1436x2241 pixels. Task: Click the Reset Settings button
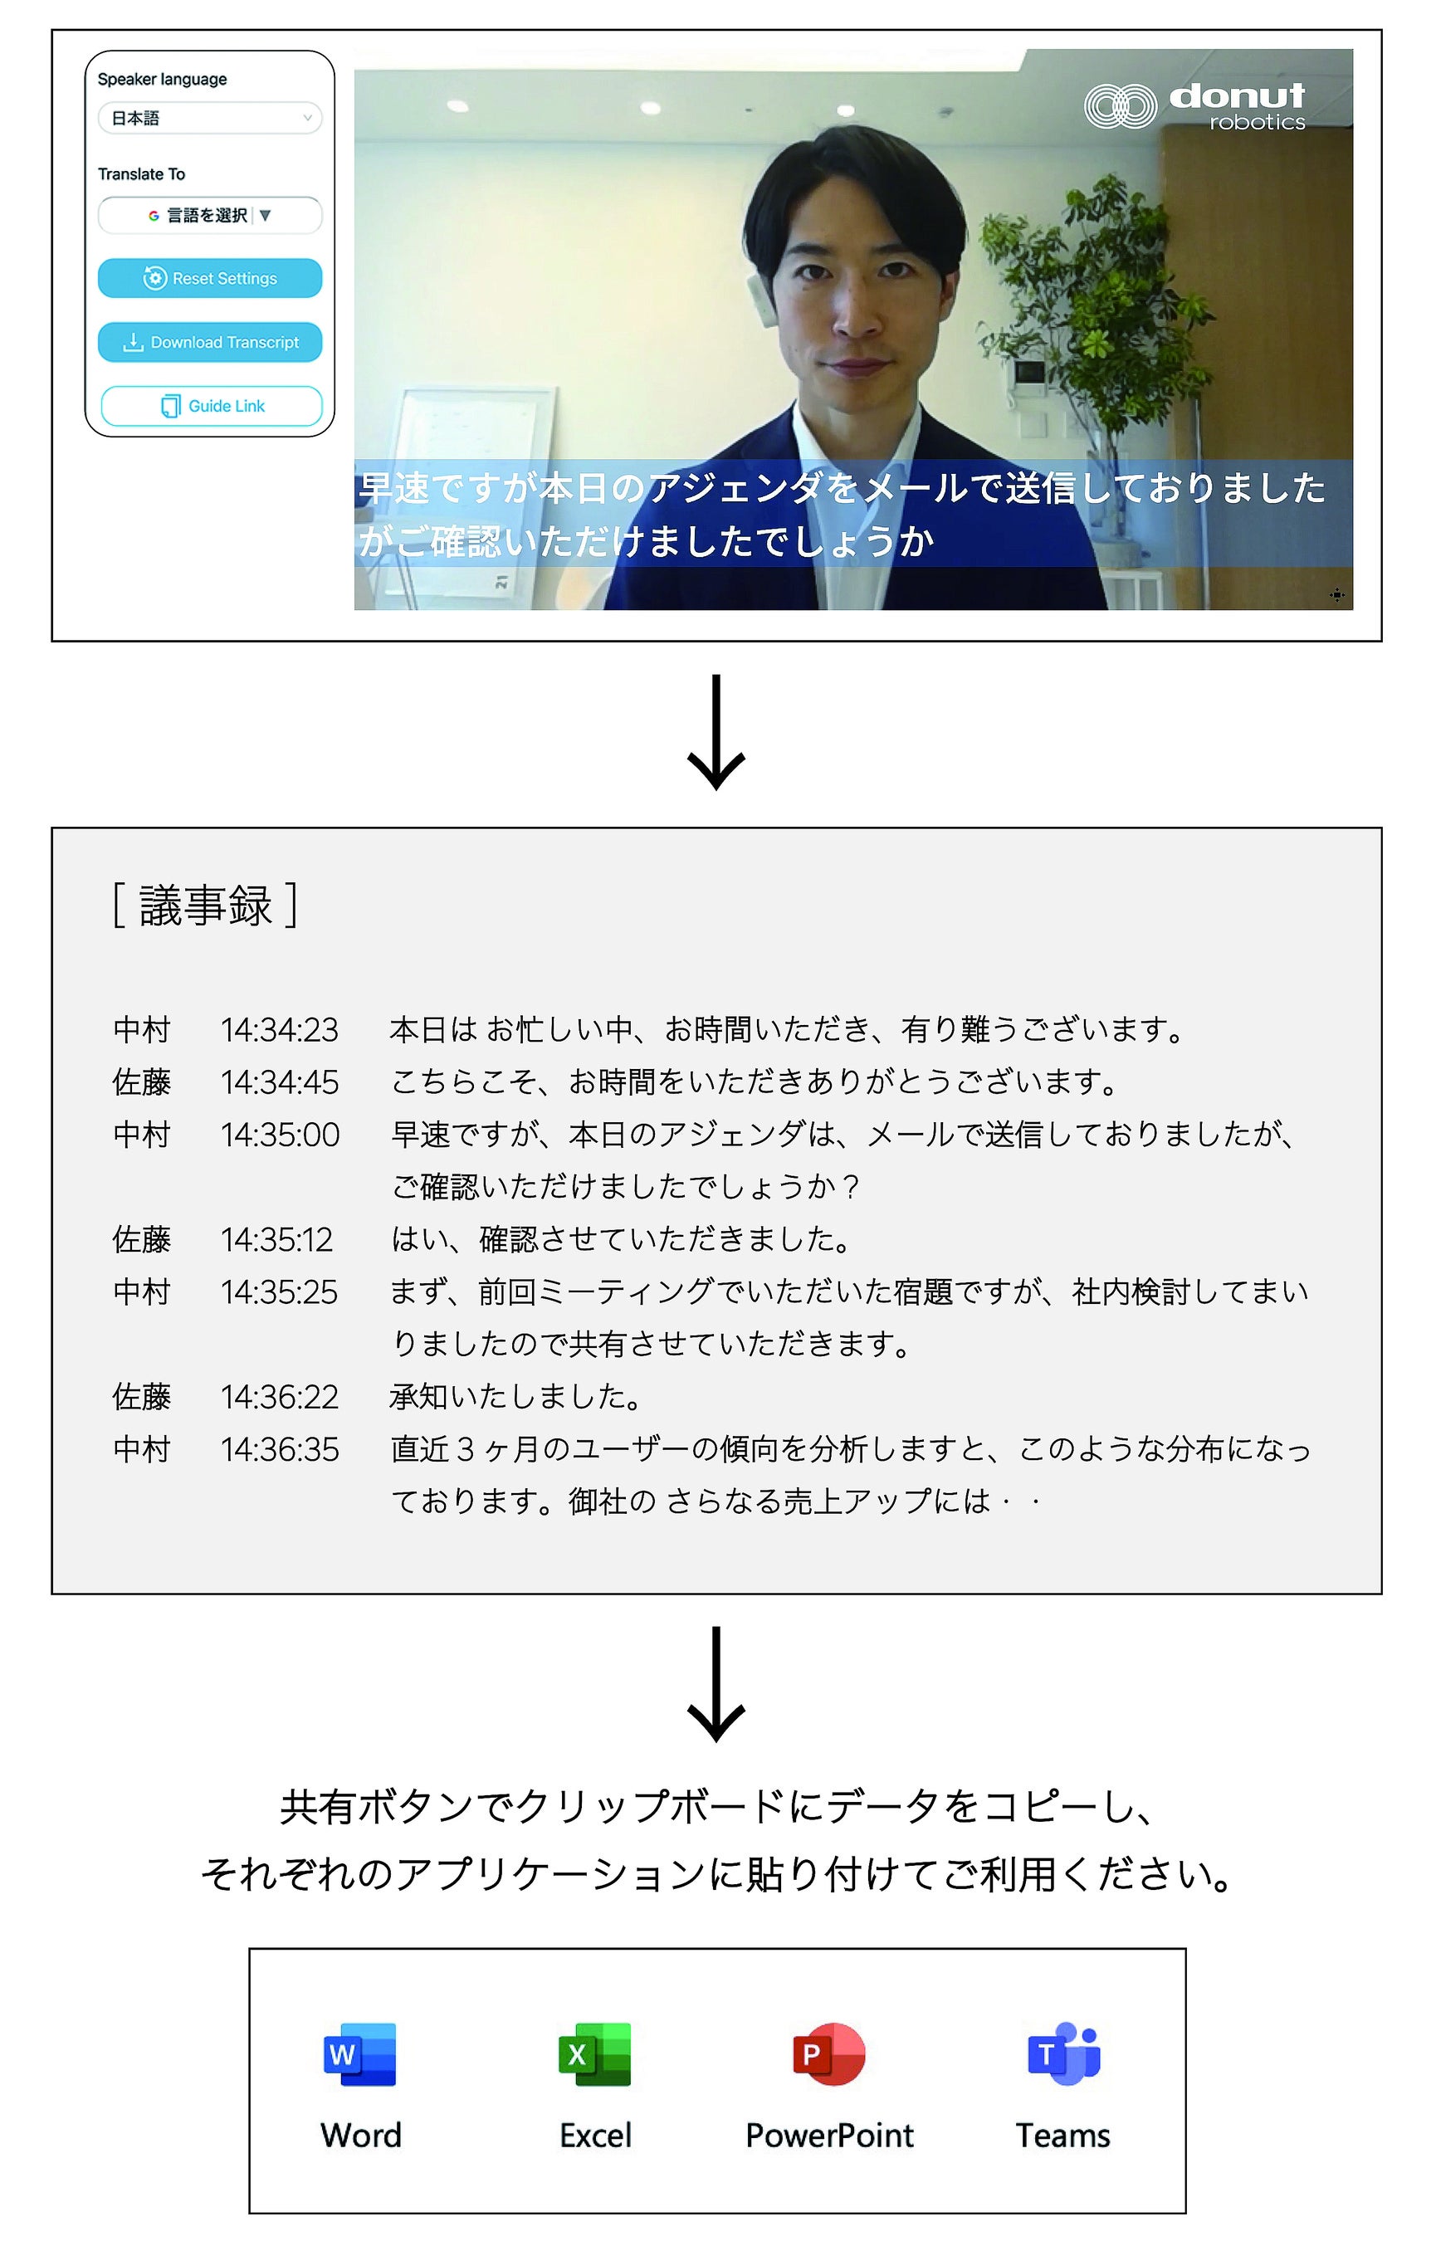pyautogui.click(x=210, y=278)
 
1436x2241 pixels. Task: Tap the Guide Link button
pyautogui.click(x=212, y=406)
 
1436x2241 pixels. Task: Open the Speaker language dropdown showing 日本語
pyautogui.click(x=210, y=119)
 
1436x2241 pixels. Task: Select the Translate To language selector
pyautogui.click(x=210, y=215)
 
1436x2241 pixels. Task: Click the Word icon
pyautogui.click(x=360, y=2053)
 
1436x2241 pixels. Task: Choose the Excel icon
pyautogui.click(x=595, y=2053)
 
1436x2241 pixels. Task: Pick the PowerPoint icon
pyautogui.click(x=829, y=2053)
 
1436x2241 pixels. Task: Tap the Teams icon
pyautogui.click(x=1063, y=2053)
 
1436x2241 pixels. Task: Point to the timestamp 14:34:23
pyautogui.click(x=279, y=1030)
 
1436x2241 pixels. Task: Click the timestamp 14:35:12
pyautogui.click(x=277, y=1240)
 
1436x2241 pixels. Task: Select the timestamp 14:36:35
pyautogui.click(x=279, y=1449)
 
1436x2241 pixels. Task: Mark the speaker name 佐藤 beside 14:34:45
pyautogui.click(x=142, y=1082)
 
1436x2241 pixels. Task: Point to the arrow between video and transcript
pyautogui.click(x=716, y=733)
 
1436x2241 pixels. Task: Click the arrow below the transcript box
pyautogui.click(x=716, y=1686)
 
